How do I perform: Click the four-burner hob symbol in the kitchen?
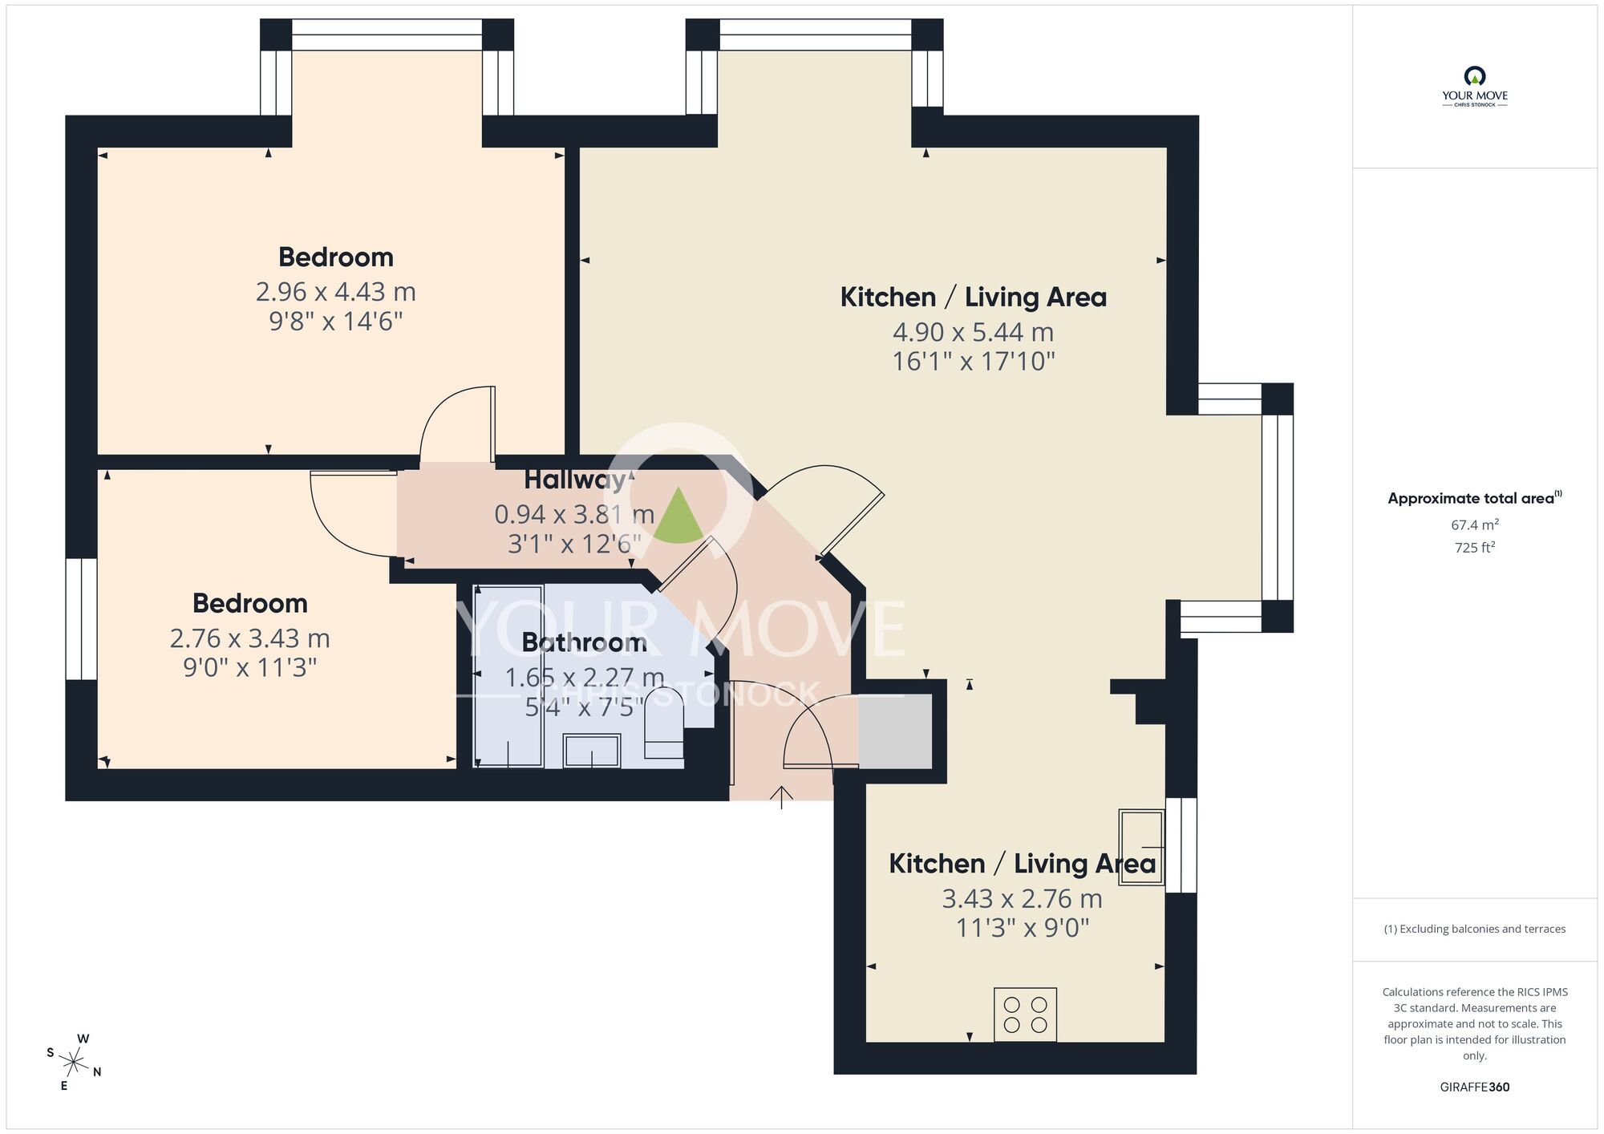[x=1025, y=1015]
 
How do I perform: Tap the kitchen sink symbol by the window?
[x=1140, y=846]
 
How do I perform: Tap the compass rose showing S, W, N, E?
[x=74, y=1063]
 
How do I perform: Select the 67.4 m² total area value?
[x=1474, y=525]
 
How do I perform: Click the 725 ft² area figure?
[x=1474, y=548]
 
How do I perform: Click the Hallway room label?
[x=574, y=480]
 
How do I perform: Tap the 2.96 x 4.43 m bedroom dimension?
[x=335, y=291]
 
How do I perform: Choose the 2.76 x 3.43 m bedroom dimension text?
[x=249, y=638]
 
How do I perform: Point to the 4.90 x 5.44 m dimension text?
[x=973, y=331]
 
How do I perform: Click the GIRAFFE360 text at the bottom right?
[x=1474, y=1087]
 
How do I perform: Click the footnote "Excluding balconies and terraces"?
[x=1474, y=929]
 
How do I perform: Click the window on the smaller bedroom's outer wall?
[x=81, y=619]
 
